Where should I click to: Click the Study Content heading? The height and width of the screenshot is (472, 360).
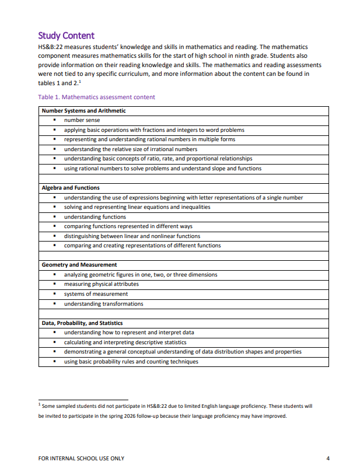[x=66, y=36]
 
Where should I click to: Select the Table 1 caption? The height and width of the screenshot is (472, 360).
[x=96, y=97]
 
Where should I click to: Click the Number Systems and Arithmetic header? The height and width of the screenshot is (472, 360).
[x=83, y=111]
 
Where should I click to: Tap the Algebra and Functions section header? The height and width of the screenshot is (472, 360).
[x=71, y=188]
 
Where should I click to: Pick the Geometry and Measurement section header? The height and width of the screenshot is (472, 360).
[x=79, y=265]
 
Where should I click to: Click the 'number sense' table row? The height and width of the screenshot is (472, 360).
[x=82, y=120]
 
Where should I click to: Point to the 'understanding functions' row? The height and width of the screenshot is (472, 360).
[x=95, y=216]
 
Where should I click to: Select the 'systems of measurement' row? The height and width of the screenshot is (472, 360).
[x=96, y=294]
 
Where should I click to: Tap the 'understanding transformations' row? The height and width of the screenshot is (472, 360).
[x=103, y=303]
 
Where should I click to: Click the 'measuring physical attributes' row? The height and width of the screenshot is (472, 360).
[x=101, y=284]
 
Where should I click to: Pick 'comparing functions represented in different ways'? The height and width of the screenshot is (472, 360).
[x=128, y=226]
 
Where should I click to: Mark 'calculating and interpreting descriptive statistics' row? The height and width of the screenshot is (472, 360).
[x=125, y=342]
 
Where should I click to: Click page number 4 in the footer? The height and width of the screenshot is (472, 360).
[x=328, y=458]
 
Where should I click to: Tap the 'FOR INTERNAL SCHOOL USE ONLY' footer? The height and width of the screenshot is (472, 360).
[x=81, y=458]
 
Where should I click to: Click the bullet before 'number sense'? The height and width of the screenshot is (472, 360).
[x=54, y=120]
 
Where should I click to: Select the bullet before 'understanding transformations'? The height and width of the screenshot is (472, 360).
[x=54, y=303]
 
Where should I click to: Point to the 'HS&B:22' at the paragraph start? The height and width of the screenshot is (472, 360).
[x=51, y=47]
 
